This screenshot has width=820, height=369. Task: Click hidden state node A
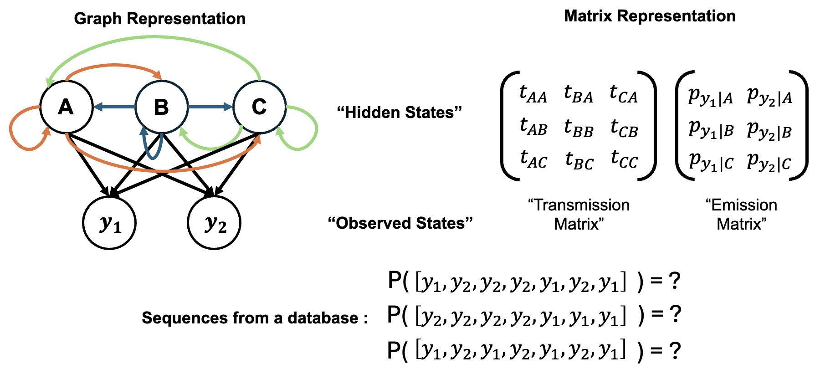click(66, 108)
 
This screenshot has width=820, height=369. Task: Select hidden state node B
click(162, 108)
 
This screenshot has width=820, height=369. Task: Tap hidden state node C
click(259, 108)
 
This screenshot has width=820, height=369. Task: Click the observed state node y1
click(109, 223)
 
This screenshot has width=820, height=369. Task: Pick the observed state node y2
click(214, 223)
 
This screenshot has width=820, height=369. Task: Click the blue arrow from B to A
click(114, 108)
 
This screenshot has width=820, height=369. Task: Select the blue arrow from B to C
click(210, 108)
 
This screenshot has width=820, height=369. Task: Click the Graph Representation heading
click(159, 19)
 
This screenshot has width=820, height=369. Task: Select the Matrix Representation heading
click(650, 16)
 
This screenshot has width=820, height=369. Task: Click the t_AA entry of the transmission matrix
click(533, 94)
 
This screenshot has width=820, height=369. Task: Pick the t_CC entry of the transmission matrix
click(624, 159)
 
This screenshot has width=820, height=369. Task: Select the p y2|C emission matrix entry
click(769, 162)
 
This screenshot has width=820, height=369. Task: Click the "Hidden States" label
click(399, 112)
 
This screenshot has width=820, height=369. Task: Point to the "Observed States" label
click(400, 223)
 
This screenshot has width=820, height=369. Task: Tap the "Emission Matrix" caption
click(741, 215)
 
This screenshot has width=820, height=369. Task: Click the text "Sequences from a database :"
click(255, 318)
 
